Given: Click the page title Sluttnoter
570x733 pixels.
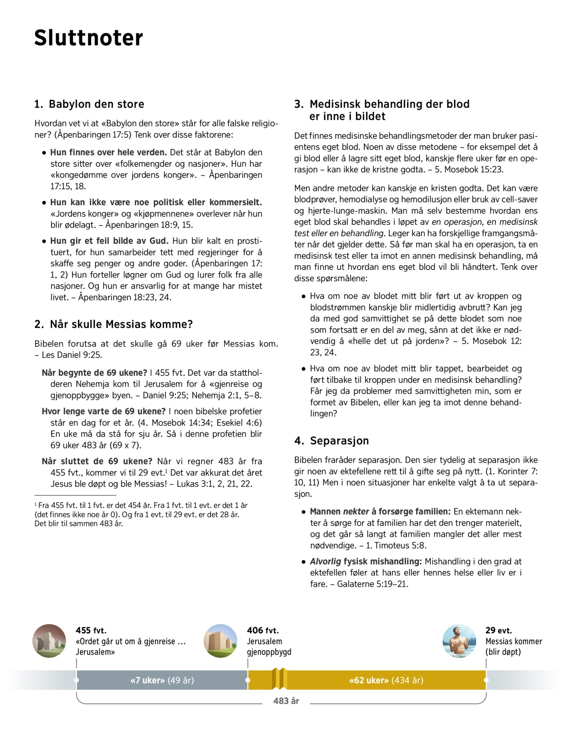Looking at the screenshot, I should pyautogui.click(x=88, y=38).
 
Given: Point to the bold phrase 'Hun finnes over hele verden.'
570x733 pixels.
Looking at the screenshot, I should pyautogui.click(x=108, y=152).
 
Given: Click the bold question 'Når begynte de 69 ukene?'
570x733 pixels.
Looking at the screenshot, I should pyautogui.click(x=95, y=373).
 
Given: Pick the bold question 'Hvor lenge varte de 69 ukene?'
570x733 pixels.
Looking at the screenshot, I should pyautogui.click(x=104, y=411).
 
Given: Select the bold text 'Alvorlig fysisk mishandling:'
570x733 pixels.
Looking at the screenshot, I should pyautogui.click(x=366, y=562).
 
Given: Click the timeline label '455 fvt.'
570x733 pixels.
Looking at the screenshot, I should pyautogui.click(x=91, y=630).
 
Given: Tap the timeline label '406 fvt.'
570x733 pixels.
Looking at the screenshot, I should pyautogui.click(x=263, y=630).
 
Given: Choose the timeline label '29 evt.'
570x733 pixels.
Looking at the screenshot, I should pyautogui.click(x=498, y=630).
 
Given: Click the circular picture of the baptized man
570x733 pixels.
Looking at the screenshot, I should pyautogui.click(x=459, y=641).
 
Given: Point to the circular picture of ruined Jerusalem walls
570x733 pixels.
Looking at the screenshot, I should pyautogui.click(x=49, y=641).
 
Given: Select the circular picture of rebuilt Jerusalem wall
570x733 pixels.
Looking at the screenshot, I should pyautogui.click(x=220, y=641).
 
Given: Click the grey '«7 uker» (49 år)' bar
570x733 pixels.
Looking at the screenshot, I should pyautogui.click(x=162, y=680).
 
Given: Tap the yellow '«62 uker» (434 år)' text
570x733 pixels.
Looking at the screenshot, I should pyautogui.click(x=386, y=680).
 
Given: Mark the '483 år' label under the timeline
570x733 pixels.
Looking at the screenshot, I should pyautogui.click(x=286, y=701).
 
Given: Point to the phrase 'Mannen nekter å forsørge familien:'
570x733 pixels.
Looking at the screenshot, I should pyautogui.click(x=380, y=512).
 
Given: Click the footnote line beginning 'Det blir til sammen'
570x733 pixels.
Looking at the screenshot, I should pyautogui.click(x=78, y=524).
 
